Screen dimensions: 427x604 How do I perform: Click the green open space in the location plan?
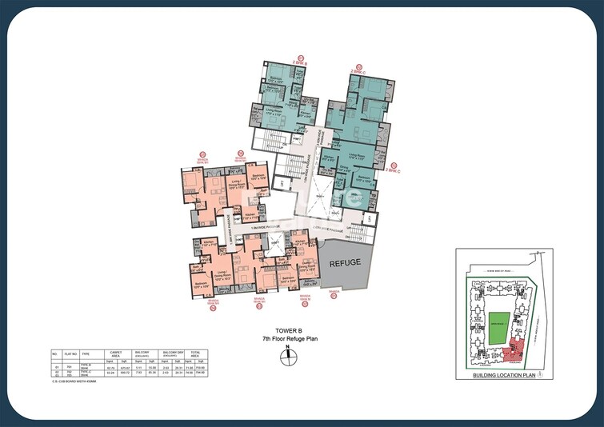point(498,328)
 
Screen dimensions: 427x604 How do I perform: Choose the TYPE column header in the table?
point(86,352)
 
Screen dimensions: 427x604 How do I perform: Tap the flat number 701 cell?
point(69,366)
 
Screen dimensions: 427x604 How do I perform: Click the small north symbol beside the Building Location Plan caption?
point(540,374)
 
